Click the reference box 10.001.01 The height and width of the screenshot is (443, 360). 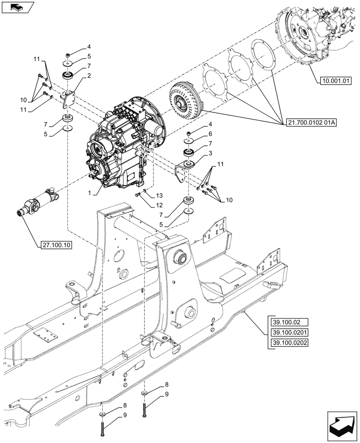335,81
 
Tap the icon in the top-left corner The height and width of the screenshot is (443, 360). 17,7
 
